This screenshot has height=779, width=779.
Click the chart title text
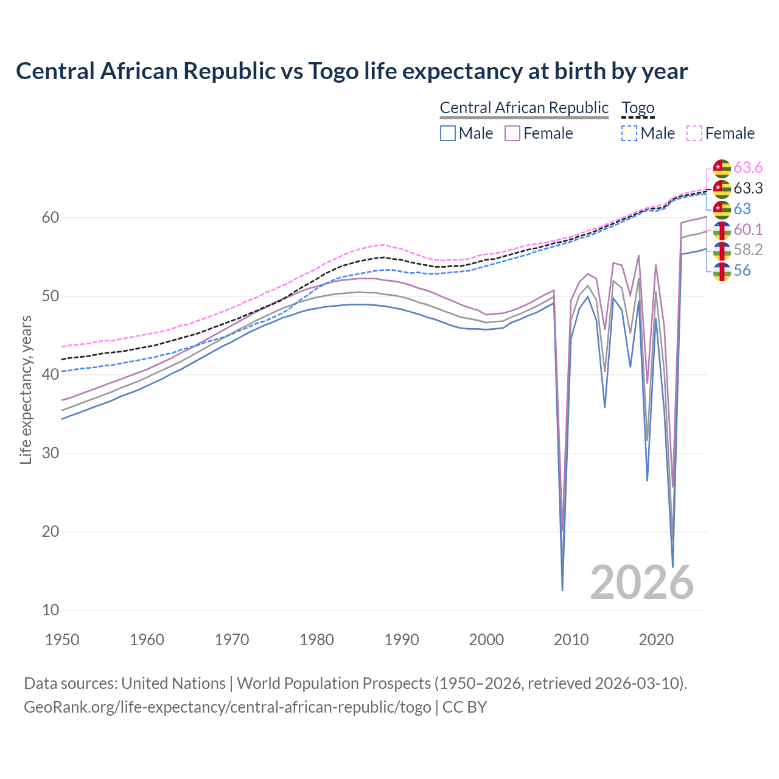click(352, 71)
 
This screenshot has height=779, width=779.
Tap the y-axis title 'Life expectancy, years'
click(26, 389)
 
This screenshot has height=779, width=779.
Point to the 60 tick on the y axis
click(51, 218)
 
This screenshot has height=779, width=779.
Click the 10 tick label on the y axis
click(51, 610)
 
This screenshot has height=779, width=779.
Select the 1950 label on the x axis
click(62, 640)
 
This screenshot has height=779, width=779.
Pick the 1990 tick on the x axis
click(402, 640)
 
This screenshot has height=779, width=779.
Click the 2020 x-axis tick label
click(656, 640)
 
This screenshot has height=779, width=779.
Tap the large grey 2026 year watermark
click(642, 582)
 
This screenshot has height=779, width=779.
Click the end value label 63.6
click(748, 167)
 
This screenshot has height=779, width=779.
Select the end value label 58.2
click(748, 250)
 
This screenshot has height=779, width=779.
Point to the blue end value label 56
click(742, 271)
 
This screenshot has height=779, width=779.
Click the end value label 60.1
click(748, 229)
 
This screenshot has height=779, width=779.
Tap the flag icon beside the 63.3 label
click(722, 189)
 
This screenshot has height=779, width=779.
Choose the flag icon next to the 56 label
click(722, 271)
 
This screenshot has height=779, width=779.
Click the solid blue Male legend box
click(448, 133)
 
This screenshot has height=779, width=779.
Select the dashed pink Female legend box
click(694, 133)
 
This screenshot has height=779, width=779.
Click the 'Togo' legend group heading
click(638, 108)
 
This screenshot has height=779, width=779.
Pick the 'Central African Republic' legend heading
click(524, 108)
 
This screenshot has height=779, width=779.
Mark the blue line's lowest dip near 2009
click(562, 589)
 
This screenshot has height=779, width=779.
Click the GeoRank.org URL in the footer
click(227, 707)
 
